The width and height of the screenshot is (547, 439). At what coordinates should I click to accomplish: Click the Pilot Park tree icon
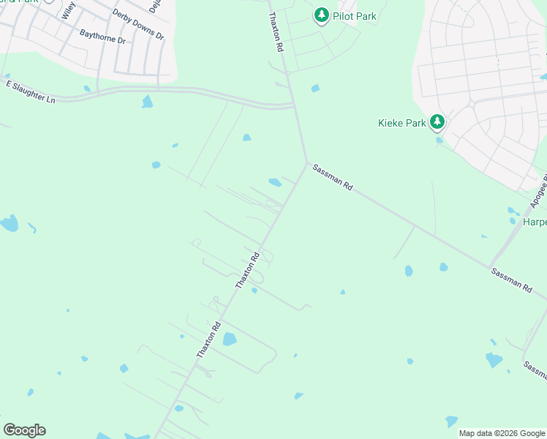pos(321,15)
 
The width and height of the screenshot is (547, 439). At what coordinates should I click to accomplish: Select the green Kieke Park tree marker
pos(437,121)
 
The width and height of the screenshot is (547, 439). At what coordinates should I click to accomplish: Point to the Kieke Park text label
pos(401,123)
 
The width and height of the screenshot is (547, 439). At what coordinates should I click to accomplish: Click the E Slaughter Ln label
pos(31,92)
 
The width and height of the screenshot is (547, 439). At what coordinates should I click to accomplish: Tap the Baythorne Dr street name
pos(102,37)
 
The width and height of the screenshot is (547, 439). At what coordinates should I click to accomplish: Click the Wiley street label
pos(68,10)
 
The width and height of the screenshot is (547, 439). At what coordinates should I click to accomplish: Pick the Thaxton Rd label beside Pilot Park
pos(275,31)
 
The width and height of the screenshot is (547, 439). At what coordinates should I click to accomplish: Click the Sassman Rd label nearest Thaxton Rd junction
pos(333,178)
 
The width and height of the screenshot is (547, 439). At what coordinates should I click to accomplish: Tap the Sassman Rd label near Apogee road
pos(511,281)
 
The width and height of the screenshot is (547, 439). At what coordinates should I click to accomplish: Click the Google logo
pos(24,430)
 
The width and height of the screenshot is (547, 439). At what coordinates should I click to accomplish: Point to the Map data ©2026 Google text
pos(502,433)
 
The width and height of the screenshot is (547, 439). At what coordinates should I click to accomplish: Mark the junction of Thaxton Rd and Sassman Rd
pos(306,163)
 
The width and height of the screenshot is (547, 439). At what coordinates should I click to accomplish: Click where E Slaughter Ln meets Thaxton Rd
pos(294,107)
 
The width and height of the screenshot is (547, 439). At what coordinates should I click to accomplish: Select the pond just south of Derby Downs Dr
pos(147,102)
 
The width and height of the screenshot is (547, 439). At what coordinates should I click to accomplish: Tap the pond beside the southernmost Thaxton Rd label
pos(229,339)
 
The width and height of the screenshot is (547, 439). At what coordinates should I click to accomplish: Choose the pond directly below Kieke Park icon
pos(439,140)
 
